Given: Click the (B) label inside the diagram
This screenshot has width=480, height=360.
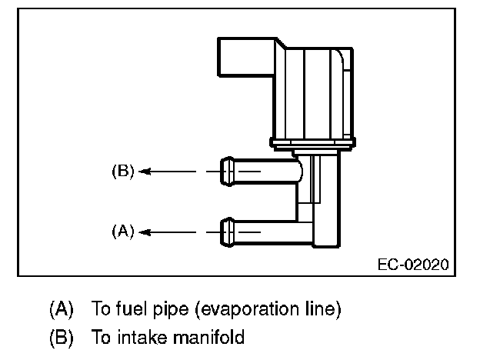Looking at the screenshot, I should [123, 172].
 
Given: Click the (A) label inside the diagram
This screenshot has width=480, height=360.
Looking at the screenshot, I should [123, 230].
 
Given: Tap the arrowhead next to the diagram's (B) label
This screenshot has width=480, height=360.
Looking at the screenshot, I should [145, 172].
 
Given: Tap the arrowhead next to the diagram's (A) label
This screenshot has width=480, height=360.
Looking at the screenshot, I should [145, 230].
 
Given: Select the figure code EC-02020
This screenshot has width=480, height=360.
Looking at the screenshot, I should [412, 264].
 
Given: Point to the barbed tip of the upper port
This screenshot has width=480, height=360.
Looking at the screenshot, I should [228, 171].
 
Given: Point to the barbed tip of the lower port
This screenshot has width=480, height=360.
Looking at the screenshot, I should [228, 230].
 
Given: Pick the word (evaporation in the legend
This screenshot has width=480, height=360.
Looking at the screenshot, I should [248, 311].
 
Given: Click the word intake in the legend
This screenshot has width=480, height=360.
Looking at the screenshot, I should [132, 337].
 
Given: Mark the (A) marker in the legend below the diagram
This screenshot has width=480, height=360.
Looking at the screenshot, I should [61, 310].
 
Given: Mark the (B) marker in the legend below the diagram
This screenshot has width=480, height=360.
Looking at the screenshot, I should [61, 337].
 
